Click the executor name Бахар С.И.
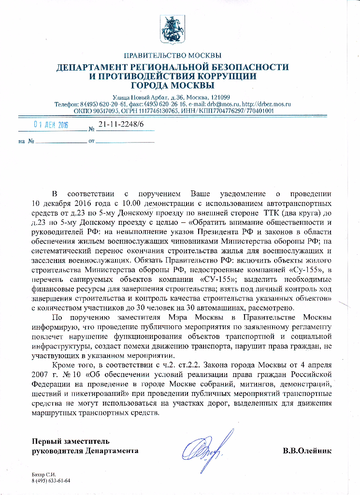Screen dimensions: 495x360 pos(42,475)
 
